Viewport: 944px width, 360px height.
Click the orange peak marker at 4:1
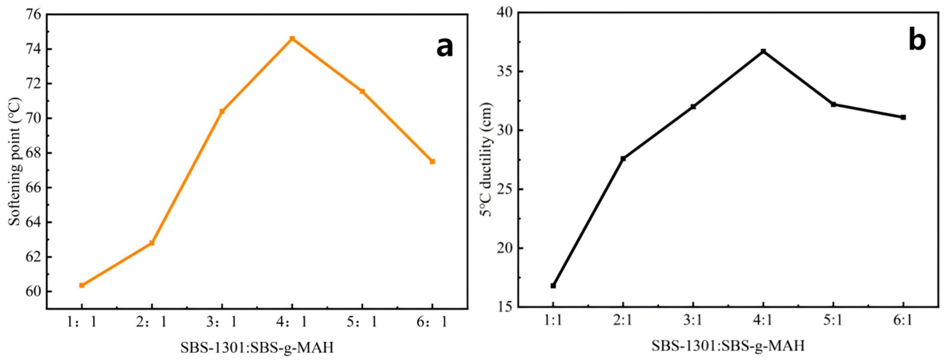(292, 39)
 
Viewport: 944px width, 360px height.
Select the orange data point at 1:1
(82, 285)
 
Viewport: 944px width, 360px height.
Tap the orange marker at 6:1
(432, 161)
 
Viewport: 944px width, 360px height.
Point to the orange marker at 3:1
(222, 111)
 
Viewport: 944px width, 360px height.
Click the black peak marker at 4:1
(763, 51)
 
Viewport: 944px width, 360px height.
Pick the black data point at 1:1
(553, 286)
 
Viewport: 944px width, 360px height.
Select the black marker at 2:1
(623, 159)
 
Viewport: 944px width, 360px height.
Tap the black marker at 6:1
(903, 117)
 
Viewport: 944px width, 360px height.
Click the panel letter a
(444, 48)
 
